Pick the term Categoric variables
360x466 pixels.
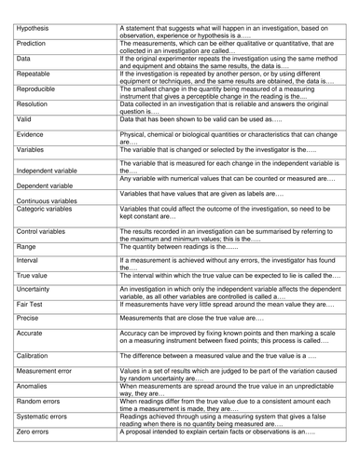click(47, 238)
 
